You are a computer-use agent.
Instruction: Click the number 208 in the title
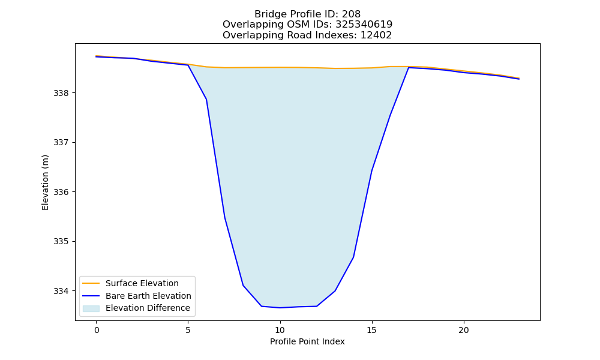coord(351,14)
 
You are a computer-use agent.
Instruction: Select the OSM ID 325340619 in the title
coord(364,25)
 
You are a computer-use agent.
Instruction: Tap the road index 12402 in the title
coord(376,35)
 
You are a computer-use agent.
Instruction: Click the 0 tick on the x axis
coord(97,330)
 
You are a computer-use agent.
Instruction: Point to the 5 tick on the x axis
coord(188,330)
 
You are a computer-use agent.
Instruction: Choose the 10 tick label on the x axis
coord(280,330)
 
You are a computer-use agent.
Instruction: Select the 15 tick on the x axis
coord(372,330)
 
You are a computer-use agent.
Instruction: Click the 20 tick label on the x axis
coord(464,330)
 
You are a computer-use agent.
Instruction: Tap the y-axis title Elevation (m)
coord(46,182)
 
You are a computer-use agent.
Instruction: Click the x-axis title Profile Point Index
coord(307,341)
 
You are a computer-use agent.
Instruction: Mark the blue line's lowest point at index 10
coord(280,308)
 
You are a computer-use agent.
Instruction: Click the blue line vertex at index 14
coord(353,257)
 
